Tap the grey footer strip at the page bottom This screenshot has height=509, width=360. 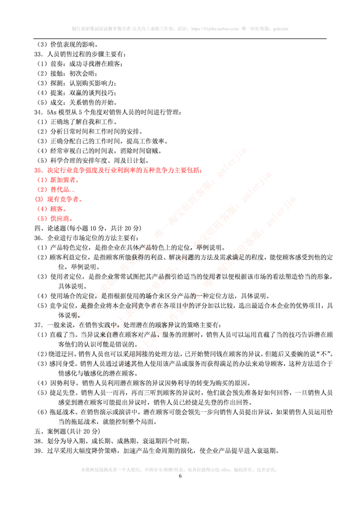pyautogui.click(x=178, y=471)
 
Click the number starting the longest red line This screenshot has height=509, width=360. pyautogui.click(x=37, y=171)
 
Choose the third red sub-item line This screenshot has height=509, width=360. pyautogui.click(x=58, y=199)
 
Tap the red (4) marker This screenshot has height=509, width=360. pyautogui.click(x=42, y=209)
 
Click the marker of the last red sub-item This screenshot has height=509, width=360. pyautogui.click(x=42, y=219)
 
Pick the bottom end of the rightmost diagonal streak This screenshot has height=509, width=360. pyautogui.click(x=126, y=366)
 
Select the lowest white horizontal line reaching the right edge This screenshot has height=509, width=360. pyautogui.click(x=279, y=311)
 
